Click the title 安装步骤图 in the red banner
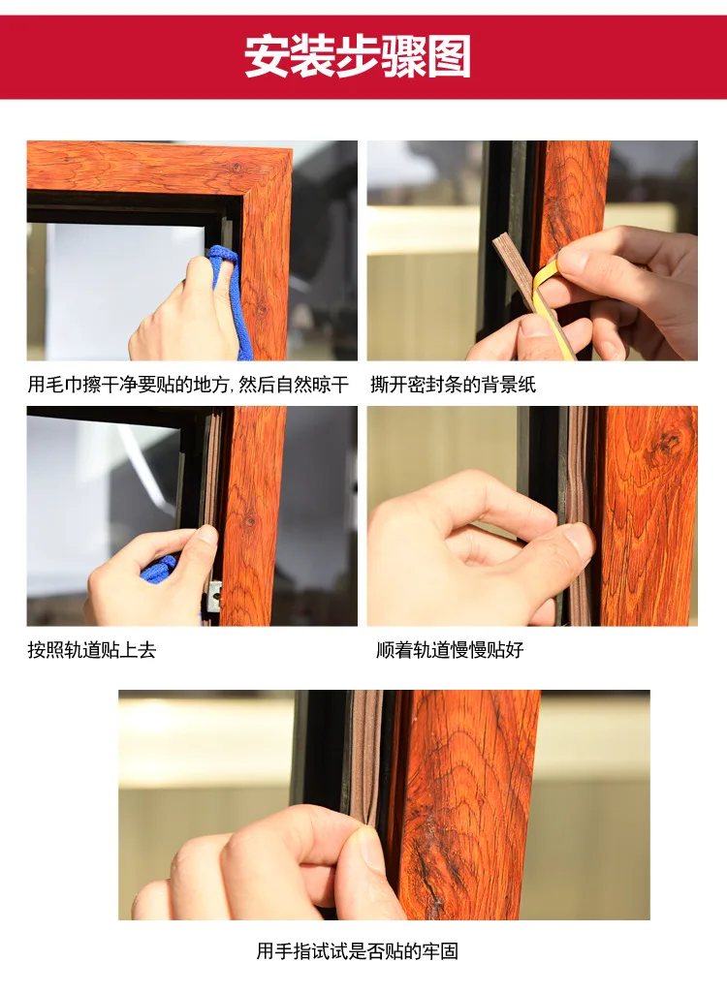(x=358, y=56)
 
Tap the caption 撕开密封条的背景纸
(x=454, y=385)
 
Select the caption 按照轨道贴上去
(x=92, y=650)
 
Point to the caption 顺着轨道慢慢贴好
(x=450, y=650)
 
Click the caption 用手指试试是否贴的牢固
(x=358, y=950)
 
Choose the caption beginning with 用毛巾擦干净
(x=188, y=385)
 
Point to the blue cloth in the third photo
(x=158, y=568)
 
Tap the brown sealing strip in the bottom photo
(x=365, y=757)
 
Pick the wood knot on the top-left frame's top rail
(x=237, y=168)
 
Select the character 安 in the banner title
(x=267, y=56)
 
